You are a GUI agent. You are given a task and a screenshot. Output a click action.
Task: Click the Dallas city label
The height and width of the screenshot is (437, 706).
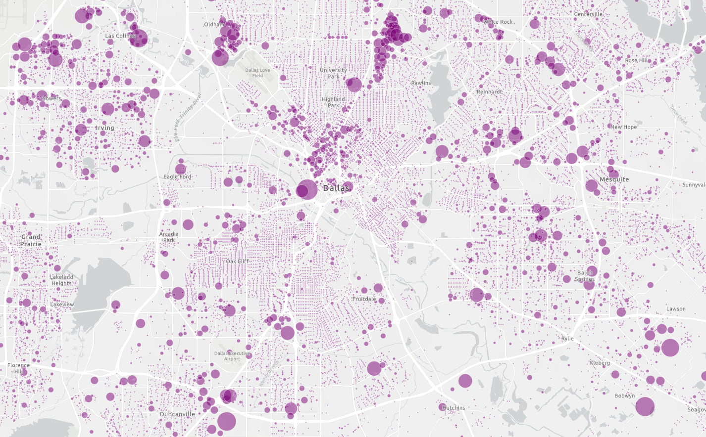[336, 188]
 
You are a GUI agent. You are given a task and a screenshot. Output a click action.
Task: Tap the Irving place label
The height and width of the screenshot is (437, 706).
[105, 128]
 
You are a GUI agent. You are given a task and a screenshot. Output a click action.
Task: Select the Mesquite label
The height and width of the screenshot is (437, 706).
[614, 179]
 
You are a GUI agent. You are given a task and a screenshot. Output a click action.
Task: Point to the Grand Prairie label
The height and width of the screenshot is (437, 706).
[31, 241]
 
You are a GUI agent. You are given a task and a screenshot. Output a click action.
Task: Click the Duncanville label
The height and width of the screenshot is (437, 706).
[177, 414]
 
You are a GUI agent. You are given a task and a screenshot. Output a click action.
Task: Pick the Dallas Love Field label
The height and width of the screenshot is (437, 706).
[257, 73]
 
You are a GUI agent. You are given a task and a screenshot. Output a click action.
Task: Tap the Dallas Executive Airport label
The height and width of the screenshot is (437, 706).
[232, 356]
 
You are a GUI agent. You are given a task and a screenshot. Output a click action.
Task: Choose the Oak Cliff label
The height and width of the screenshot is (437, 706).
[237, 262]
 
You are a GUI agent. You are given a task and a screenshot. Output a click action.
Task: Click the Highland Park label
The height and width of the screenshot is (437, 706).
[333, 102]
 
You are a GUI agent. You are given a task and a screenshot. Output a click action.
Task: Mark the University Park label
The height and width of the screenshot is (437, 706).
[333, 73]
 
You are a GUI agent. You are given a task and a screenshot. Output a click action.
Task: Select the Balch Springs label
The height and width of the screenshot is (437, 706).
[585, 276]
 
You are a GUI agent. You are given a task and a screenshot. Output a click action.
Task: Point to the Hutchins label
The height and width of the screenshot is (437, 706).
[454, 408]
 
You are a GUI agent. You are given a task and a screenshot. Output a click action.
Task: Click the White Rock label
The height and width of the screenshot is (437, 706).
[498, 22]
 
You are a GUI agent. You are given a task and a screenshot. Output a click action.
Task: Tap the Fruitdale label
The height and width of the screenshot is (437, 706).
[364, 299]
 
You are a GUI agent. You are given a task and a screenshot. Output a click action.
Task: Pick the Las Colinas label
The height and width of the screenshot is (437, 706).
[120, 36]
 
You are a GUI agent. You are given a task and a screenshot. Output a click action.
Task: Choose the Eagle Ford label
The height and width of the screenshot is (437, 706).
[177, 177]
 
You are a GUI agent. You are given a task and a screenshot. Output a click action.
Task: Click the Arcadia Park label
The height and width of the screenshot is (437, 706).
[169, 237]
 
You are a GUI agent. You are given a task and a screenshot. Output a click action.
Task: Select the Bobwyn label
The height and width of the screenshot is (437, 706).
[624, 396]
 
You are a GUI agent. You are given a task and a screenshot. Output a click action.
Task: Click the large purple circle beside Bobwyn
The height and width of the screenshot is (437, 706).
[645, 406]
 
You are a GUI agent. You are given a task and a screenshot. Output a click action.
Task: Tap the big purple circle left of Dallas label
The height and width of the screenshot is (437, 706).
[307, 190]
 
